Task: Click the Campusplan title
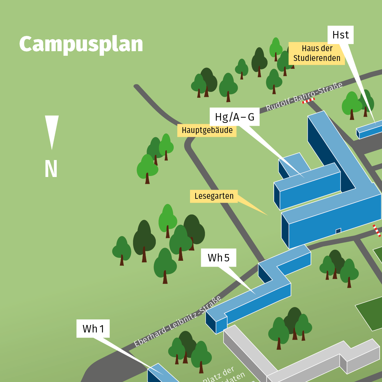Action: point(81,44)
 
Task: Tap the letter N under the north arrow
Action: point(51,169)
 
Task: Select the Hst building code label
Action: point(341,35)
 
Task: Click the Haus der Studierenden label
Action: point(317,53)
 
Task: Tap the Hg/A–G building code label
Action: point(235,117)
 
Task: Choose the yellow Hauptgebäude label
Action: point(207,130)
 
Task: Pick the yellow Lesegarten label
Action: point(214,196)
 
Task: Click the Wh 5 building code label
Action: point(218,258)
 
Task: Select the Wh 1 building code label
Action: point(93,329)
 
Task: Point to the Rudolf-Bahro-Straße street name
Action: point(304,96)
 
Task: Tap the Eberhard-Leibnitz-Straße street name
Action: point(178,321)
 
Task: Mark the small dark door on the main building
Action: point(338,231)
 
